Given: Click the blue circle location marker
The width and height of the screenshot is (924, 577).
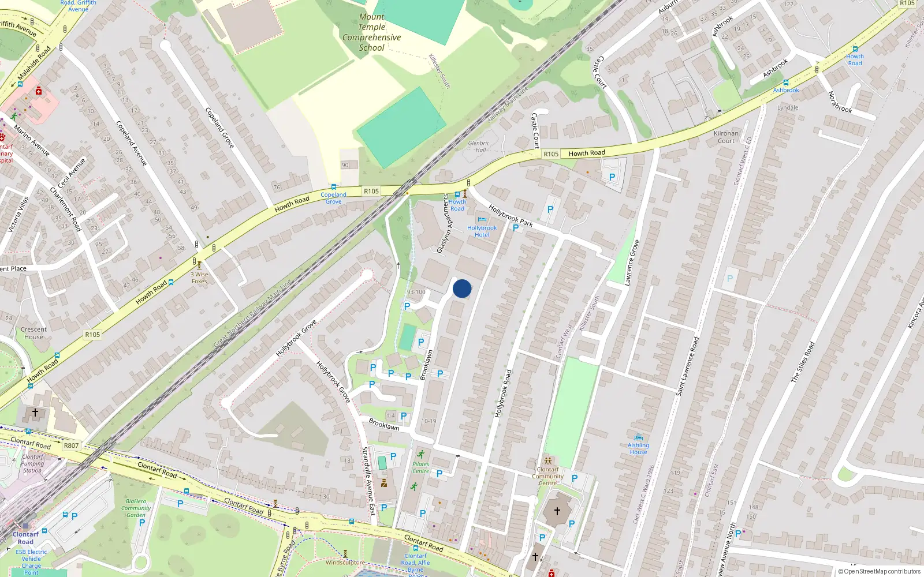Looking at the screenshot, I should pos(462,288).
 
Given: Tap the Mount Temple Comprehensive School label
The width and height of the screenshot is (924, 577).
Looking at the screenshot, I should pos(371,32).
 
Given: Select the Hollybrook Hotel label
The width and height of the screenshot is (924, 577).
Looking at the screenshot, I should pos(482,231).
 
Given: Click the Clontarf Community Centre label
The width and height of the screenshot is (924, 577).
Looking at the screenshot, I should pos(547,476).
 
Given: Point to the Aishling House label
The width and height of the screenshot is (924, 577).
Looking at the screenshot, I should pos(638,448).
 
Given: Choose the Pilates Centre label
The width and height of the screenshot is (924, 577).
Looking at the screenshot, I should pos(420,467).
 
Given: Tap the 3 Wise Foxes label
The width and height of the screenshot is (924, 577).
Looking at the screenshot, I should pos(199,278).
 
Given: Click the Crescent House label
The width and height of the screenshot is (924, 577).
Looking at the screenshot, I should pos(33,333).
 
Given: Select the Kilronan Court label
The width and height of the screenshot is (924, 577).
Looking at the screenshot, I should pos(726,137).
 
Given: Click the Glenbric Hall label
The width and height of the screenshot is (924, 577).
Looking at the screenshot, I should pos(479,147).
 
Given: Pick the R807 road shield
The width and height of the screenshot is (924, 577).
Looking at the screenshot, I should pos(71,445).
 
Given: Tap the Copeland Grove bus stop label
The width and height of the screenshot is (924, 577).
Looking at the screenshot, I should pos(333,198).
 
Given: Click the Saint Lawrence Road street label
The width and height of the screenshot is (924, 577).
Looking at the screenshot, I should pos(687,366).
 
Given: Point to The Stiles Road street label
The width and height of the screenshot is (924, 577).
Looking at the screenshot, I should pos(802,362).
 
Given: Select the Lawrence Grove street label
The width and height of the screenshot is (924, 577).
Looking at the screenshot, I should pos(632,263).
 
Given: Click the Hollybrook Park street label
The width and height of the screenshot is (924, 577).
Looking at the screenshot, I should pos(511,215).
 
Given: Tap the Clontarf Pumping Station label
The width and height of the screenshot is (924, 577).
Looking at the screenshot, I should pos(32,463).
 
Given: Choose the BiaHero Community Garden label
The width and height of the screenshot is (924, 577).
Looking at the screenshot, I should pos(136,508).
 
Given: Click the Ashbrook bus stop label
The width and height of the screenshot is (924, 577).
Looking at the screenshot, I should pos(786,90).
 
